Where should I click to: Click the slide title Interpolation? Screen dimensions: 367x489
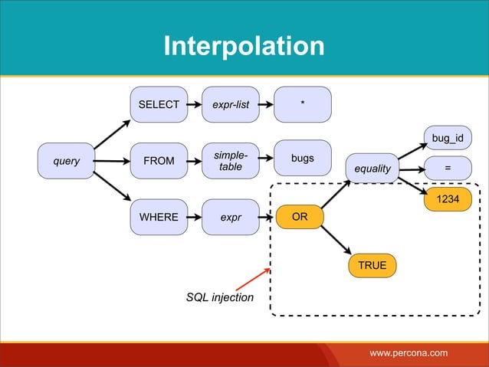[x=244, y=46]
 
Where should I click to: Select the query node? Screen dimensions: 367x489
[x=66, y=161]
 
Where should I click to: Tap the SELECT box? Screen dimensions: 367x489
[x=159, y=105]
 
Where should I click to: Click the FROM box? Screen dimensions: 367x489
[x=159, y=161]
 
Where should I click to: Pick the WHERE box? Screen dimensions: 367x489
[x=159, y=217]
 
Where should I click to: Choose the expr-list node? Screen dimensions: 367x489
[x=231, y=105]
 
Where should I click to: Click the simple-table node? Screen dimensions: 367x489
[x=231, y=161]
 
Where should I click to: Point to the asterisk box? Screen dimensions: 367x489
[x=303, y=104]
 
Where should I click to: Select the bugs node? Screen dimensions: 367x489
[x=303, y=158]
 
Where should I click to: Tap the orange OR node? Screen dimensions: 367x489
[x=300, y=217]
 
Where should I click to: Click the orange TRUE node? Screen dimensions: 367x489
[x=372, y=265]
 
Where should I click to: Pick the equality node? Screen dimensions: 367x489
[x=372, y=169]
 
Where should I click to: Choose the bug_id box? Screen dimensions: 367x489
[x=448, y=138]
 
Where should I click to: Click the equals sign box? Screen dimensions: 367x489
[x=448, y=169]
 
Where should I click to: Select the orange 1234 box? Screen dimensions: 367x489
[x=448, y=199]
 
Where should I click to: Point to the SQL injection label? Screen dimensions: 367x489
[x=220, y=297]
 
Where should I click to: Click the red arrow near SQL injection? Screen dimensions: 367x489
[x=251, y=278]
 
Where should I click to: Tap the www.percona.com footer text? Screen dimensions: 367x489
[x=409, y=353]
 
